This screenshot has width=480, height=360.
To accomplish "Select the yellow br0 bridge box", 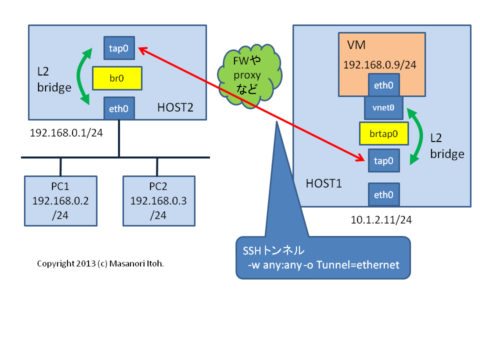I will point(117,78).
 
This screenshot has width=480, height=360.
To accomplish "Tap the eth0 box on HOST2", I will point(118,108).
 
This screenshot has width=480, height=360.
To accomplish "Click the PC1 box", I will point(60,200).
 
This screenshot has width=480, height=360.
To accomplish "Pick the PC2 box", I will point(159,200).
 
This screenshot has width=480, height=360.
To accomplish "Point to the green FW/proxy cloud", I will point(247,75).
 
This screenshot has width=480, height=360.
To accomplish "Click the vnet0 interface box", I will point(383,106).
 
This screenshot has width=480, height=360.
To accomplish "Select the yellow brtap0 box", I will point(383,133).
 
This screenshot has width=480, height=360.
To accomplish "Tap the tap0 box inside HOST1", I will point(383,161).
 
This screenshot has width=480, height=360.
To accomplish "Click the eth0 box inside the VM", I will point(383,85).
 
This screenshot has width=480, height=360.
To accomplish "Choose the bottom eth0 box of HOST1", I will point(383,194).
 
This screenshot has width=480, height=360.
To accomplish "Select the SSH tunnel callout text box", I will point(323,257).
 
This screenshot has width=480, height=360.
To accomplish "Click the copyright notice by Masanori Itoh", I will point(100,263).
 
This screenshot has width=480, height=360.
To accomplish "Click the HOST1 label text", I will point(323,183).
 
